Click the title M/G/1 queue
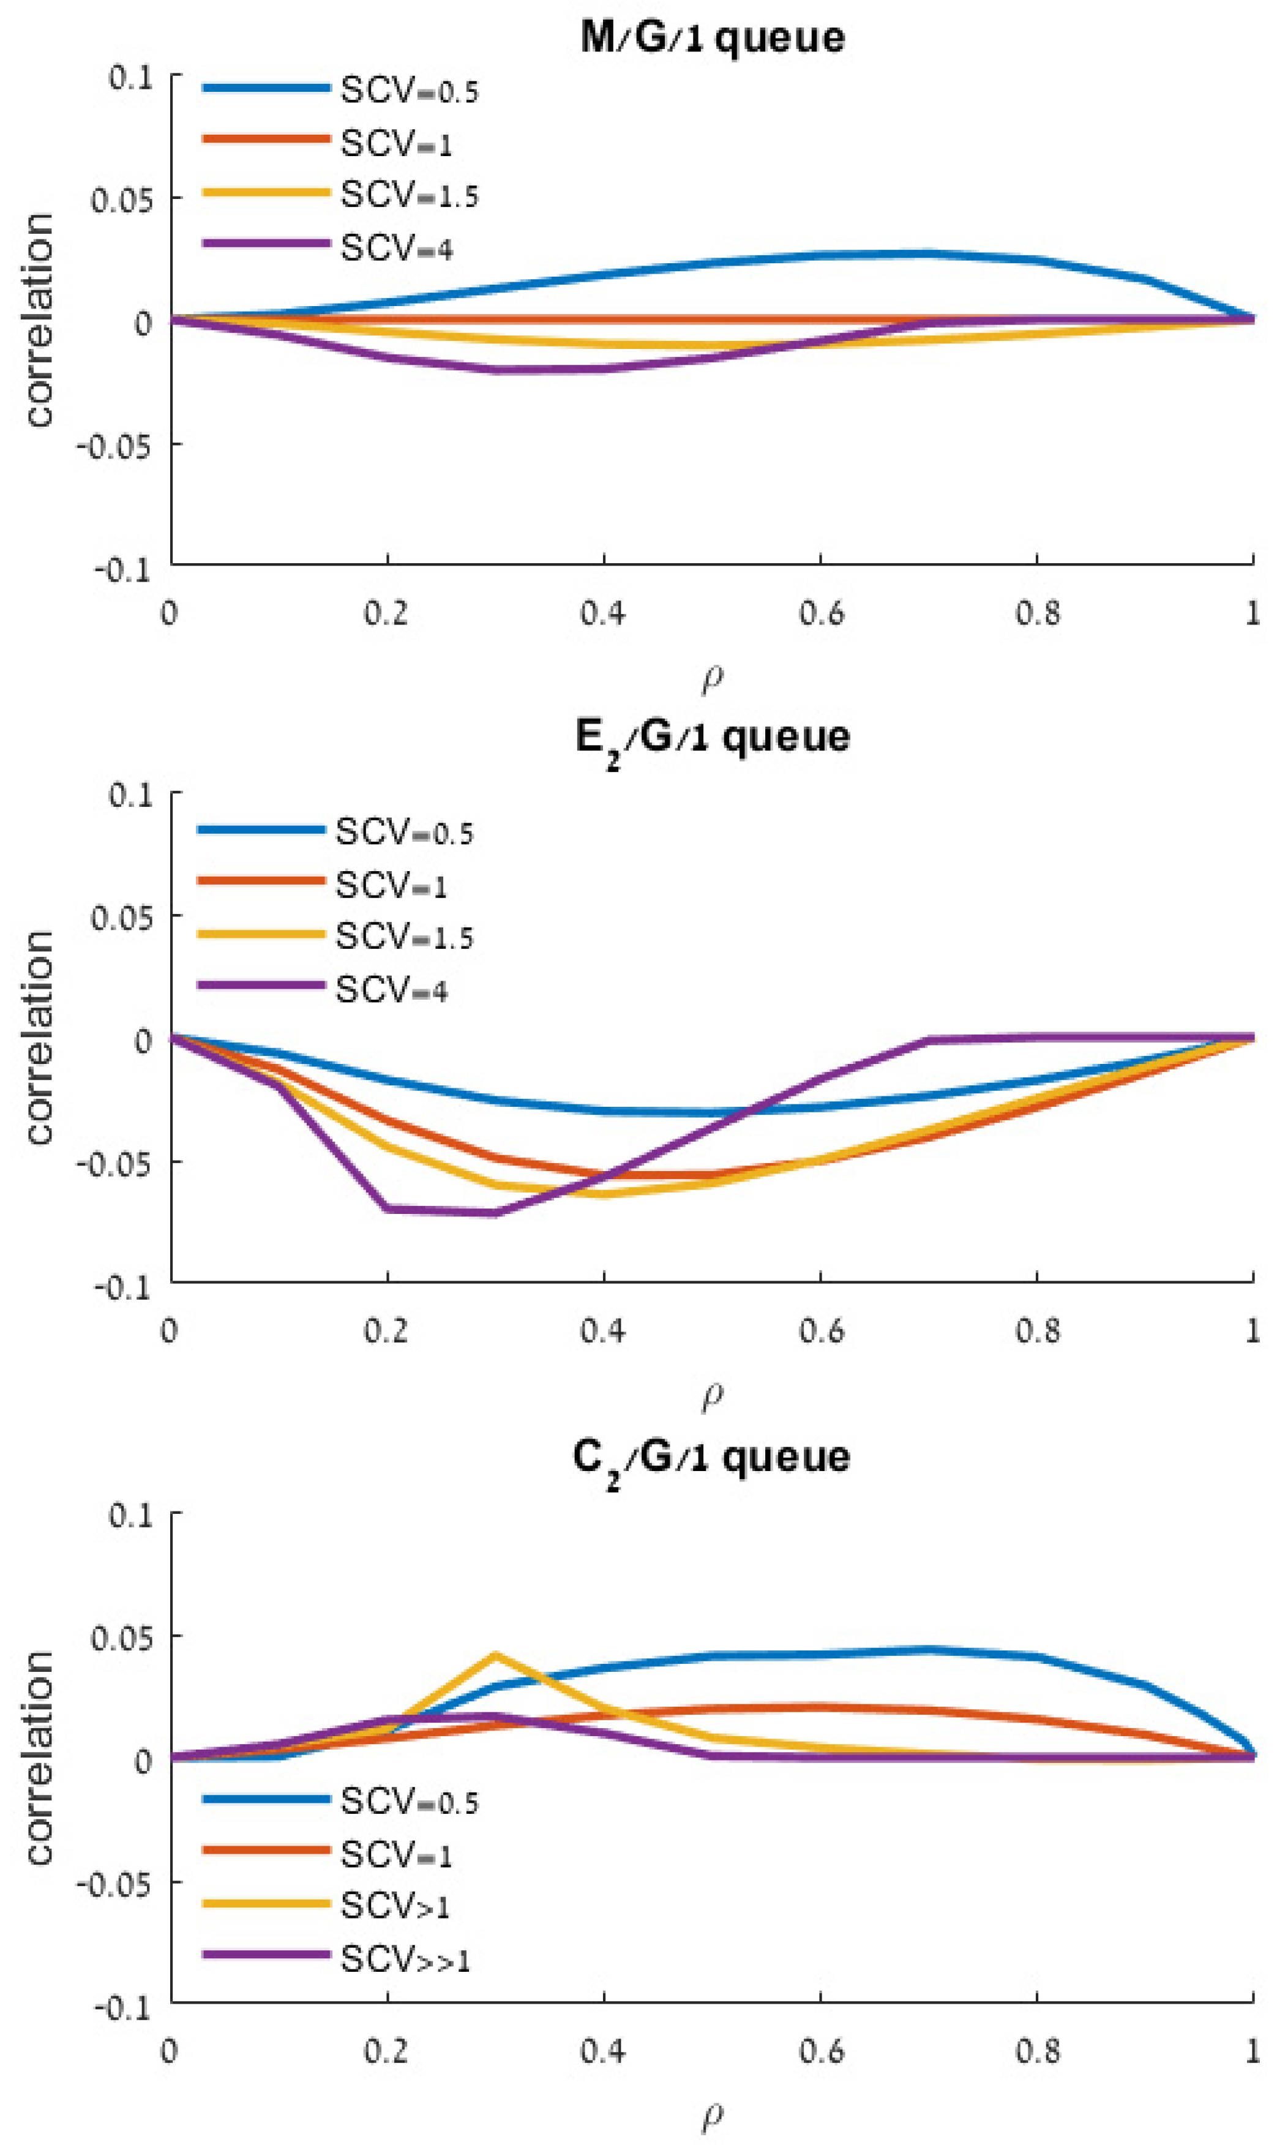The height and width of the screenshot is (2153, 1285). [712, 38]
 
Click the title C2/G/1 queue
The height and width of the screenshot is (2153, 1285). [712, 1458]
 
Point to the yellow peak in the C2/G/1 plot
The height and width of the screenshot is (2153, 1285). [495, 1655]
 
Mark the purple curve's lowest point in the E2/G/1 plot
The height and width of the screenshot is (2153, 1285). [495, 1213]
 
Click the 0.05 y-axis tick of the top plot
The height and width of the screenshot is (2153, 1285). [121, 200]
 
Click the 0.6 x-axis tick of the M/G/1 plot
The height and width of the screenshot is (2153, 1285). [820, 613]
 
